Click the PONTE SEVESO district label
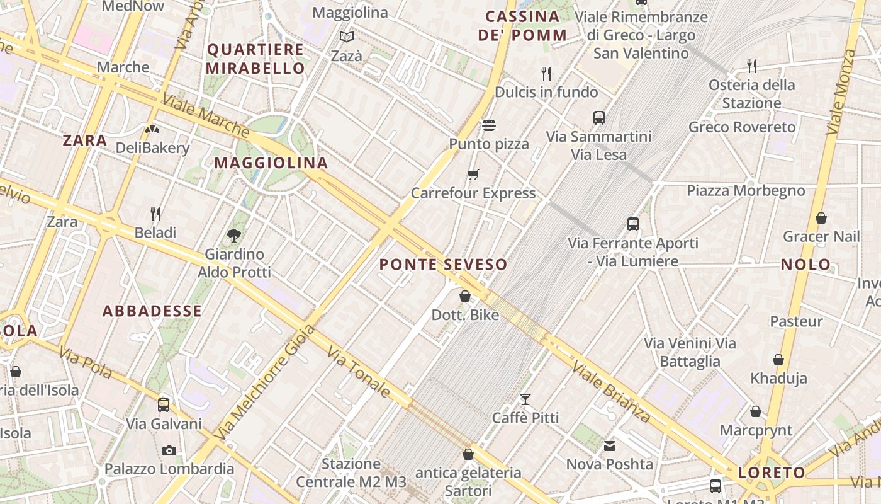(444, 265)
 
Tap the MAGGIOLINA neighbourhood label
(271, 163)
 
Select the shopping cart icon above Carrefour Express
(473, 175)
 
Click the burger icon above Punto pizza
(489, 125)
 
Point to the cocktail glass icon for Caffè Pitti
(525, 399)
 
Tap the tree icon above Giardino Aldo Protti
(234, 236)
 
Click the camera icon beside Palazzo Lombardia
(169, 450)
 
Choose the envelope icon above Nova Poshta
(610, 446)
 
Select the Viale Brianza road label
(611, 392)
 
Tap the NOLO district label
(805, 265)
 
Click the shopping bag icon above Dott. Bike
(465, 296)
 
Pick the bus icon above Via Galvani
(164, 404)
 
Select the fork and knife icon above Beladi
(155, 214)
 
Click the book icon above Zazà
(347, 37)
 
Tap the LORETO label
(772, 472)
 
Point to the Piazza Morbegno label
(746, 191)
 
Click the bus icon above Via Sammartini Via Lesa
(599, 117)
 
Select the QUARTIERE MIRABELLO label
(255, 59)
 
